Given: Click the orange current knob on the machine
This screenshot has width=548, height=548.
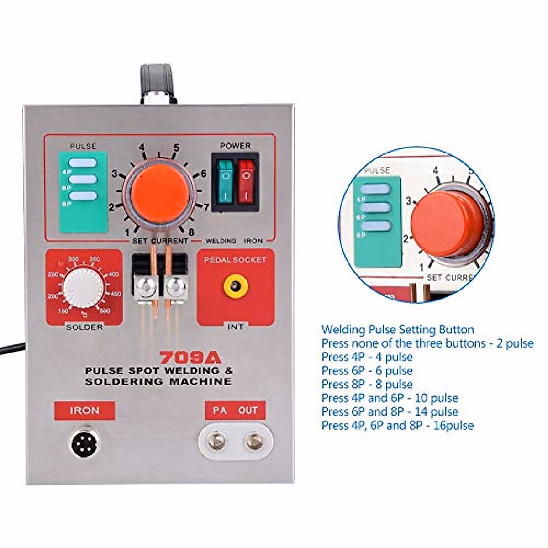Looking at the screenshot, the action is coord(160,191).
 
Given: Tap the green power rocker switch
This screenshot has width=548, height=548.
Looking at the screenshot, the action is coord(225,182).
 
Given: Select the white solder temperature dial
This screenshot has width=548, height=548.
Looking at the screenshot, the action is coord(83,287).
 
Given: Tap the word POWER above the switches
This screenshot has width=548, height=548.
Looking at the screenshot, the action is coord(235,146).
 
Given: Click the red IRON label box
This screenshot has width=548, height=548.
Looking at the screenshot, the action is coord(84,410).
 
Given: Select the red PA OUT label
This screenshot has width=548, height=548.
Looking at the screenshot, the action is coord(235,410).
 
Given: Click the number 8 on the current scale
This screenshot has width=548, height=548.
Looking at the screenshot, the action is coord(191,232).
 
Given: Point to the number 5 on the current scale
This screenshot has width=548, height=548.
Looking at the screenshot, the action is coord(176,148).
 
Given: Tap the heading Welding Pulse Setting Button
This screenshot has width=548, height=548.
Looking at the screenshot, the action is coord(397,329).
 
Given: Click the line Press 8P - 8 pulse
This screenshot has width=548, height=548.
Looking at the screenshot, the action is coord(367,384).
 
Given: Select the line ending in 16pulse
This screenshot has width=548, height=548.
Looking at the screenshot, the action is coord(397,425).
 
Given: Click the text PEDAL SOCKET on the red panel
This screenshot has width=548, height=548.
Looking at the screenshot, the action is coord(235,260).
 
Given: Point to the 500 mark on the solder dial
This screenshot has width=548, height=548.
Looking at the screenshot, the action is coord(105,311).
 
